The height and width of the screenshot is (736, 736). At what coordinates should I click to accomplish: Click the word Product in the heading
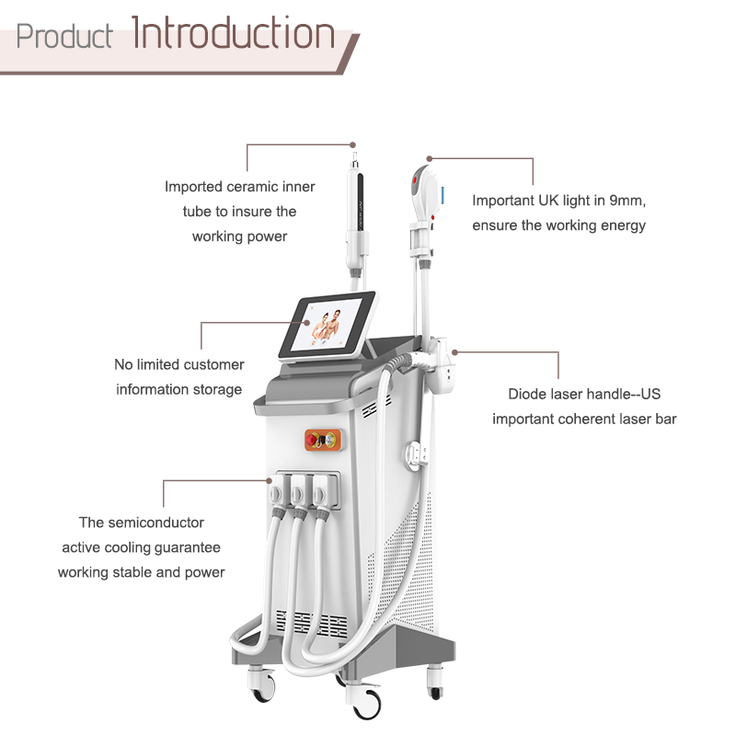coord(63,36)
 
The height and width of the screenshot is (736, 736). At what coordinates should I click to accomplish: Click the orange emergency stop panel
coord(323,440)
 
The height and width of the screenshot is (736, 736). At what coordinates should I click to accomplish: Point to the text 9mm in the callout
coord(627,201)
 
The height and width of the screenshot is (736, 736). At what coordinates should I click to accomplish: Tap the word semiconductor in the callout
coord(155,523)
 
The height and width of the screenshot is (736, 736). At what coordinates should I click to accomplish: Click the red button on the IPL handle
coord(416,180)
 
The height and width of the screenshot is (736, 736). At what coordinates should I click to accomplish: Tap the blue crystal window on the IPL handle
coord(443,195)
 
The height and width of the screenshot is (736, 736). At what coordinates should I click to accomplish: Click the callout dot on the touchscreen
coord(306,323)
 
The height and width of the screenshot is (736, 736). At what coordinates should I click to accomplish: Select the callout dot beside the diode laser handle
coord(454,352)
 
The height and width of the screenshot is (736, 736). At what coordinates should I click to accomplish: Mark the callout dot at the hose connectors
coord(269,480)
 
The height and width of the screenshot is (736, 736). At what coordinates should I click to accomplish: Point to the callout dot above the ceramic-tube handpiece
coord(353,145)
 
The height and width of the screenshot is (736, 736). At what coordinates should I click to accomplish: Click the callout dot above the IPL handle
coord(429,158)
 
